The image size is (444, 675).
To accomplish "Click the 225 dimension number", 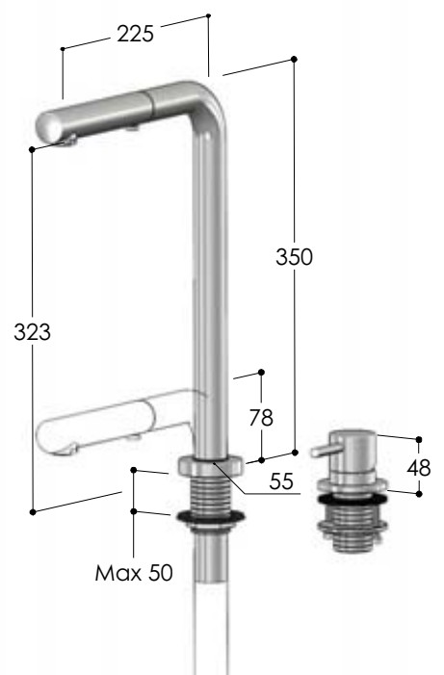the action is click(x=135, y=34).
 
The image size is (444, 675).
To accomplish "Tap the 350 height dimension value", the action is click(x=294, y=257).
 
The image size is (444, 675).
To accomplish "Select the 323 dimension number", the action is click(x=32, y=332).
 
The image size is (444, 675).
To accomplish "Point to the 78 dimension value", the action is click(x=261, y=418).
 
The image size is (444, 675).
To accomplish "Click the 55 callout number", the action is click(x=281, y=480).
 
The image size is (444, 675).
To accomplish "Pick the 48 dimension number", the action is click(x=419, y=468).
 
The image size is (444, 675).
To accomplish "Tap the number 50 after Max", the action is click(x=160, y=573).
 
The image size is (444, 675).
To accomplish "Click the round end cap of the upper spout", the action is click(x=48, y=127).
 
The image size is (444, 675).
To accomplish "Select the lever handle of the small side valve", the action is click(x=326, y=451).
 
